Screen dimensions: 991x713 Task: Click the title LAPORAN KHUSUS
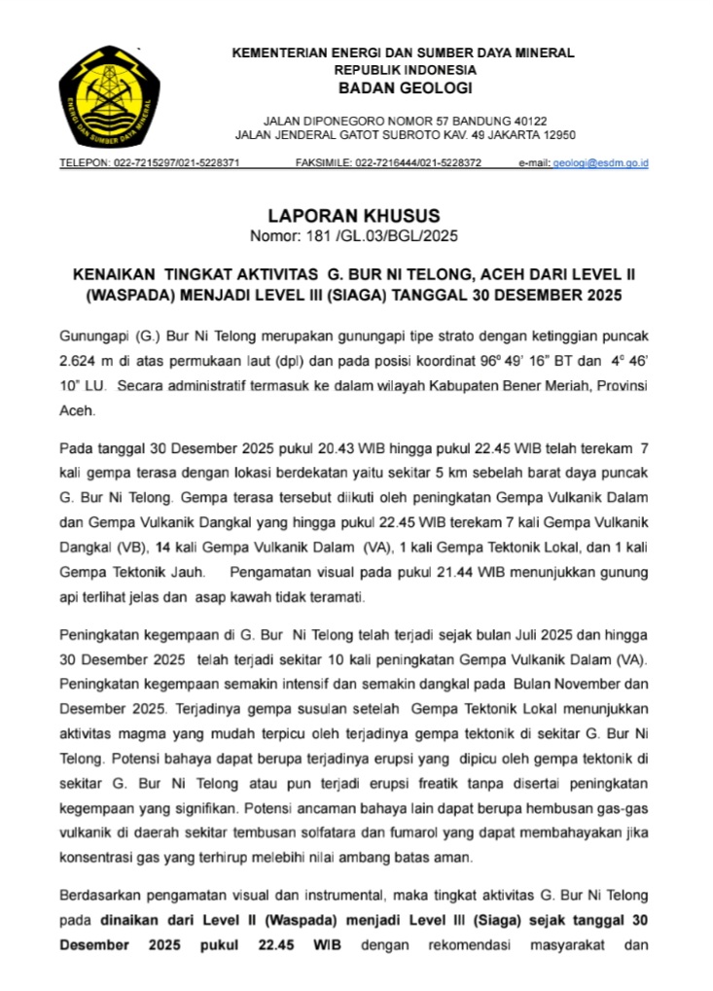354,216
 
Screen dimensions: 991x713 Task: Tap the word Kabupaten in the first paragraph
485,386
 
